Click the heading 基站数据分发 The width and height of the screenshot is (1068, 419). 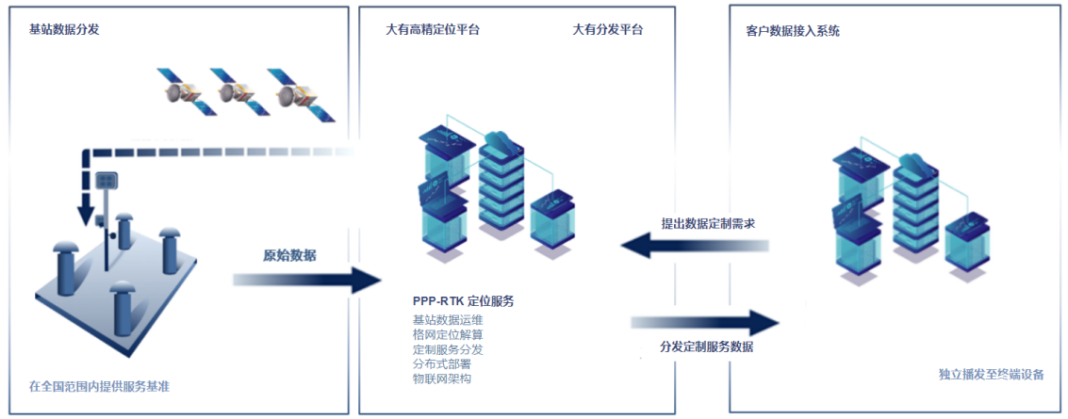(64, 29)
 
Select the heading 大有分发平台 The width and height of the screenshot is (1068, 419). (608, 29)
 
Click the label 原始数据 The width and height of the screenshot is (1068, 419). (289, 255)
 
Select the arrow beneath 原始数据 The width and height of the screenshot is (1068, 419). (306, 279)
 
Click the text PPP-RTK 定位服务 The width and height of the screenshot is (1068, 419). (463, 301)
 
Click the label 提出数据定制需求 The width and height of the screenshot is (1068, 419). (708, 224)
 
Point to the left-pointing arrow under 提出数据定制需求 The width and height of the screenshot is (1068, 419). (693, 247)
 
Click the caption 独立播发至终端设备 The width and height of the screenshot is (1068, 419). (991, 375)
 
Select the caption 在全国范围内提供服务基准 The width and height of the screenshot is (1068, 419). (99, 386)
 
